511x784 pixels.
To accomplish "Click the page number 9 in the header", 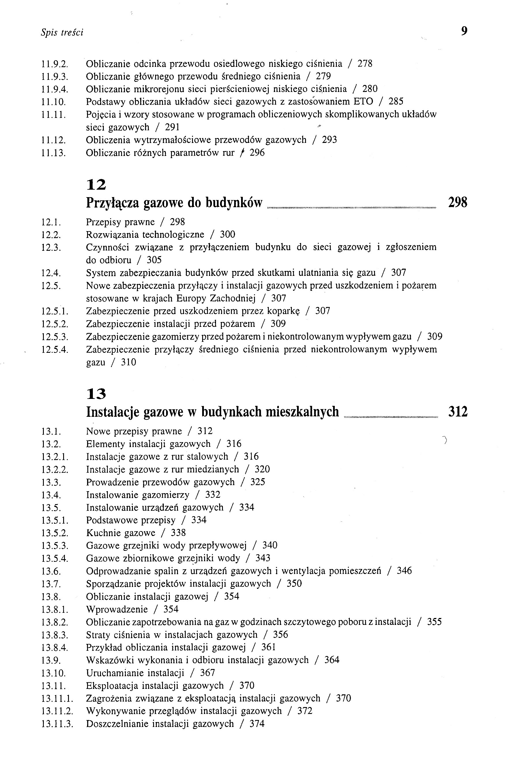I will [x=464, y=31].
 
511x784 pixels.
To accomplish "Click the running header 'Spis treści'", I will [x=62, y=32].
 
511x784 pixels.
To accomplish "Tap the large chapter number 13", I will [x=96, y=394].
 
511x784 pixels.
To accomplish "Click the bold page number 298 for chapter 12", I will [x=458, y=203].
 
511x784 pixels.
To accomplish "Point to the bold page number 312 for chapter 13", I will [x=458, y=412].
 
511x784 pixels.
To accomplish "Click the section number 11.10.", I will [x=53, y=102].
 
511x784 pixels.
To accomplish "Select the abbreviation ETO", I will [x=363, y=101].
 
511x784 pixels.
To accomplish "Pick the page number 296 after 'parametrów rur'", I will [x=257, y=153].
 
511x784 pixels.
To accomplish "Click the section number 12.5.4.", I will [x=55, y=350].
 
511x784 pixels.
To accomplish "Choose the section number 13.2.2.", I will [x=55, y=470].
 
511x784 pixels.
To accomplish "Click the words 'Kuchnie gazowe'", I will [x=121, y=533].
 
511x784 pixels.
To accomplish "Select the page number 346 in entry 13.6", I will [x=404, y=571].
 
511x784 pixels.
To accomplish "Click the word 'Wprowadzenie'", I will [x=117, y=609].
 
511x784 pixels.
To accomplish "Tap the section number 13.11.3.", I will [x=57, y=724].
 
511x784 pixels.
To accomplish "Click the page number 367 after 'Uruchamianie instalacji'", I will [x=207, y=673].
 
